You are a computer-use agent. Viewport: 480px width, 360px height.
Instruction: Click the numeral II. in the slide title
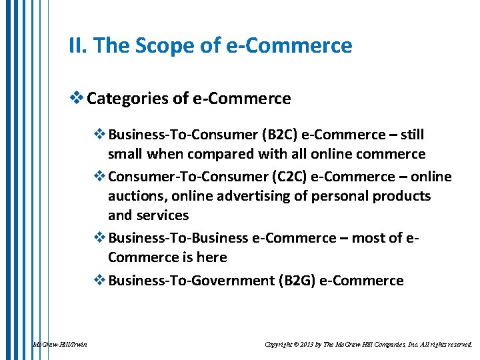[x=78, y=46]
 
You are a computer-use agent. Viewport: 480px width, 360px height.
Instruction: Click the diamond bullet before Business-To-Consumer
[x=99, y=135]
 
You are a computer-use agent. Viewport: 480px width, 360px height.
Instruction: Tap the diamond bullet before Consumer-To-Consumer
[x=99, y=177]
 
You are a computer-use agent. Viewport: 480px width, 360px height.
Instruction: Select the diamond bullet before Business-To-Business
[x=99, y=238]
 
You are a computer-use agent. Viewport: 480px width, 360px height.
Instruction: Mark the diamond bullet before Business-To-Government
[x=99, y=281]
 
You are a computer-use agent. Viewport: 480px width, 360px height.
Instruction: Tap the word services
[x=163, y=215]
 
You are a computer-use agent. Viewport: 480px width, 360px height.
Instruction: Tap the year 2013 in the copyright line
[x=310, y=344]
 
